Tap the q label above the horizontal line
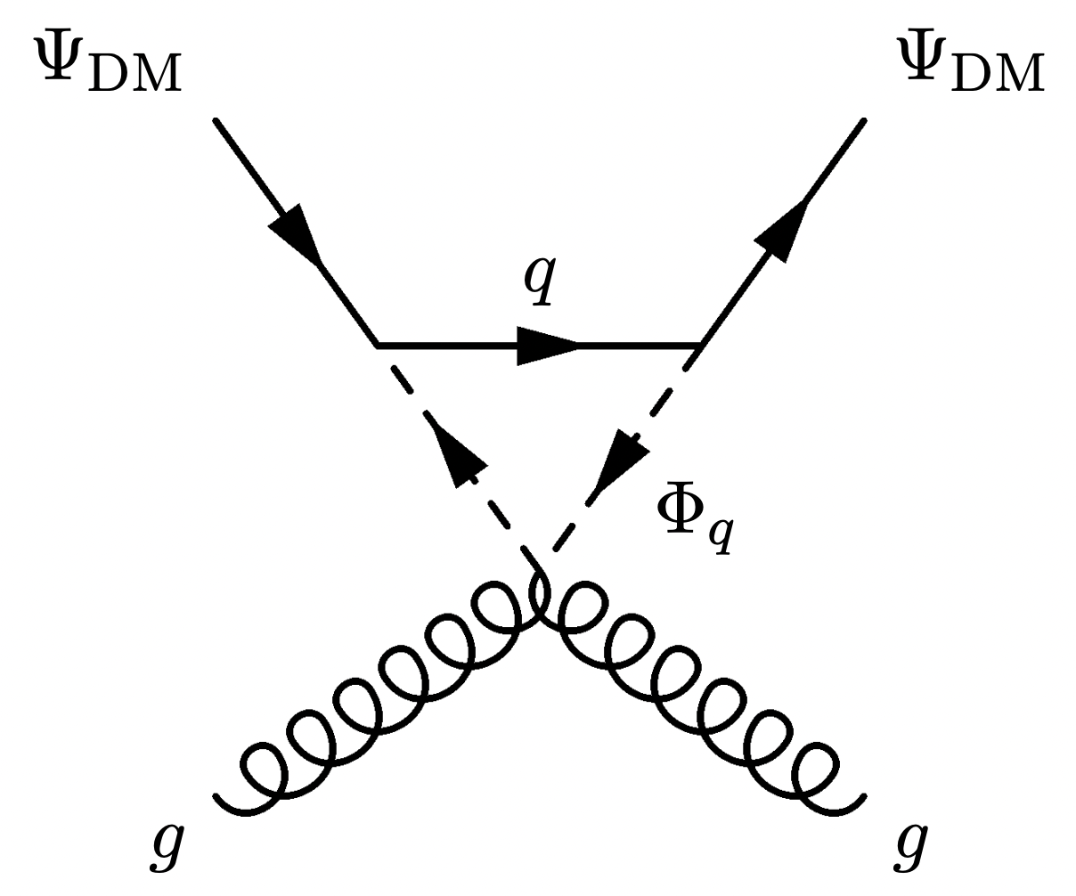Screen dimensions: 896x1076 539,281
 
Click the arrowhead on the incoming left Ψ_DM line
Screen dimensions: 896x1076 297,232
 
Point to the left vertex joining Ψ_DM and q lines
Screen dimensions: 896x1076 378,344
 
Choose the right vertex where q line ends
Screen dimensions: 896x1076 700,344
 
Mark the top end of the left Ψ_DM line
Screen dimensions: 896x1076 216,119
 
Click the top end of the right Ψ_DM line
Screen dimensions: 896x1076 863,119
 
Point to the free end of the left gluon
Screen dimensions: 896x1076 217,792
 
